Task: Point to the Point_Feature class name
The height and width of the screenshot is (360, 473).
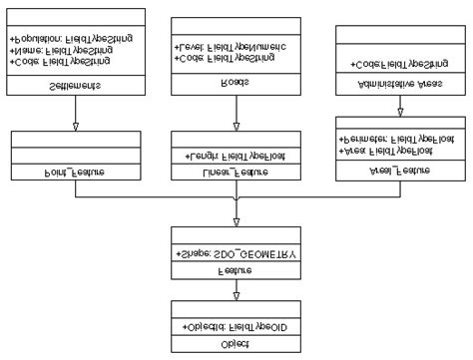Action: click(76, 172)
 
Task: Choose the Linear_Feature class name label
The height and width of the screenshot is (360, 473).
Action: click(236, 172)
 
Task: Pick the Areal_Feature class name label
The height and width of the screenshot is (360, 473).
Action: click(396, 171)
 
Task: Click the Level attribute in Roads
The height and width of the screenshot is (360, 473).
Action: click(230, 47)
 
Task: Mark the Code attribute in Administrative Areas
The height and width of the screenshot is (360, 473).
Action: click(396, 63)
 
